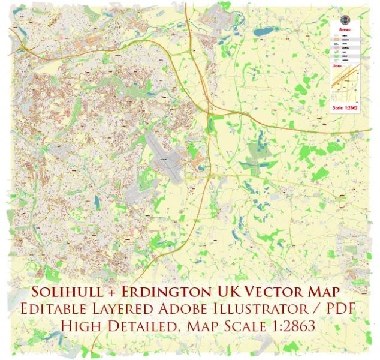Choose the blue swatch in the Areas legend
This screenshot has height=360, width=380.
[336, 44]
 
